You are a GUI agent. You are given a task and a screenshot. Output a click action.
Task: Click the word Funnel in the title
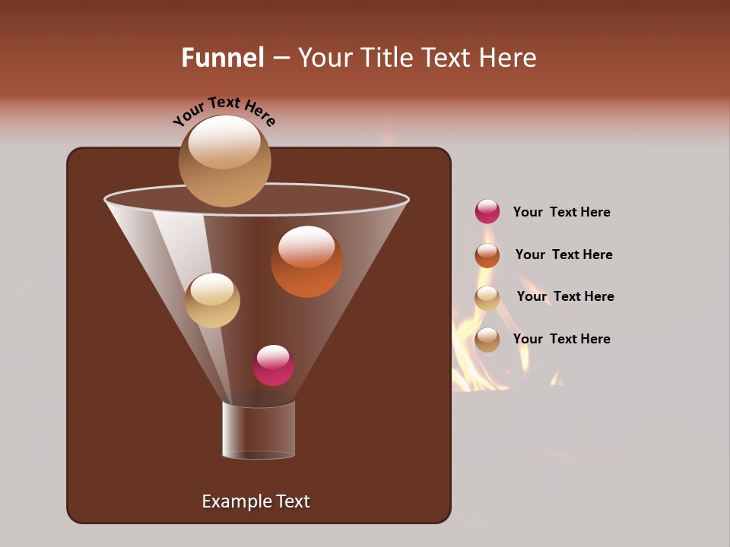[223, 58]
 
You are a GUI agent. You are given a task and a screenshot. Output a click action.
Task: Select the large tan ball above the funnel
[224, 161]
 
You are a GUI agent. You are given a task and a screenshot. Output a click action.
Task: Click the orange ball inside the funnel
[306, 261]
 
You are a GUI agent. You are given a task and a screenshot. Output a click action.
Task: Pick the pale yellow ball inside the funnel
[212, 300]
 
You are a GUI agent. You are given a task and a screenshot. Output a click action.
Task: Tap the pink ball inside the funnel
[273, 365]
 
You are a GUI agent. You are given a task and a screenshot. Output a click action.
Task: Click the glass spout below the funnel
[259, 430]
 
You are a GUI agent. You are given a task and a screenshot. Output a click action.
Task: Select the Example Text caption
[255, 501]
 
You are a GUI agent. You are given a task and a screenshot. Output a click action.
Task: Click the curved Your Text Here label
[224, 111]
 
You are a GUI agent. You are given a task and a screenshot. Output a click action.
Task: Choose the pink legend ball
[487, 211]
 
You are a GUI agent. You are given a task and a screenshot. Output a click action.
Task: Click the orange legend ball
[487, 255]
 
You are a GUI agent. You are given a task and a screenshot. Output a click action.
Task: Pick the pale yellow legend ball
[487, 298]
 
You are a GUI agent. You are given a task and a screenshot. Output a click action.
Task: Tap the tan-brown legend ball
[487, 340]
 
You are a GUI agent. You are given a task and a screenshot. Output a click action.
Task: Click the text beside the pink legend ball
[561, 212]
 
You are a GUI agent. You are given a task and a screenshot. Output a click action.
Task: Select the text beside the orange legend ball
[563, 255]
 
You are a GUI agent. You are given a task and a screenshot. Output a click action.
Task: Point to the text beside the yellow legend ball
[565, 296]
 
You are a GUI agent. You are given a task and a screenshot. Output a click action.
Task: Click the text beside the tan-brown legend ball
[561, 339]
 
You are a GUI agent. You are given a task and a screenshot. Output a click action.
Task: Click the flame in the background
[487, 357]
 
